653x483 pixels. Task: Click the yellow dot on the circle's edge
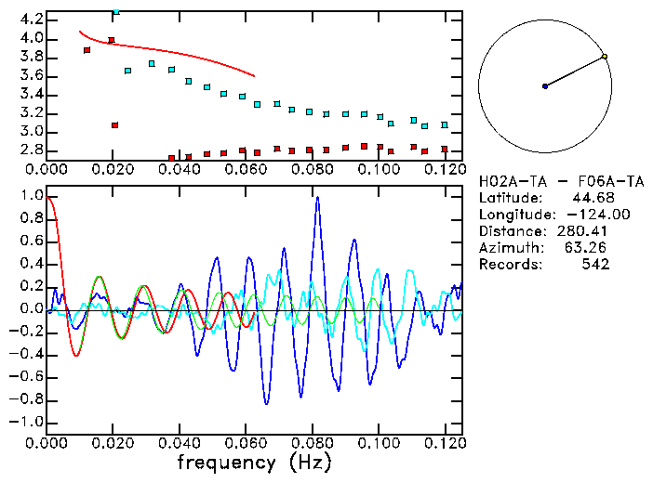[x=605, y=57]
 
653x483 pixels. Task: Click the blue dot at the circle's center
[x=545, y=86]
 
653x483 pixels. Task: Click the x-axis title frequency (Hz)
[x=254, y=461]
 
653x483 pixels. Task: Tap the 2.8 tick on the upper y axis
[x=32, y=149]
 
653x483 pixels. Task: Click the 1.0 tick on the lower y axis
[x=32, y=196]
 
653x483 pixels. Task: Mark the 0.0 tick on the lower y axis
[x=32, y=308]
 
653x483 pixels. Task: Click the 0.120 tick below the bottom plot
[x=445, y=443]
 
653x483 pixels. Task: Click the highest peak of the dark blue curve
[x=318, y=197]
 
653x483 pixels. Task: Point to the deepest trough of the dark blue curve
[x=267, y=404]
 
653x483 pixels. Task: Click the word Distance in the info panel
[x=510, y=231]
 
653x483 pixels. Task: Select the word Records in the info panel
[x=507, y=265]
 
